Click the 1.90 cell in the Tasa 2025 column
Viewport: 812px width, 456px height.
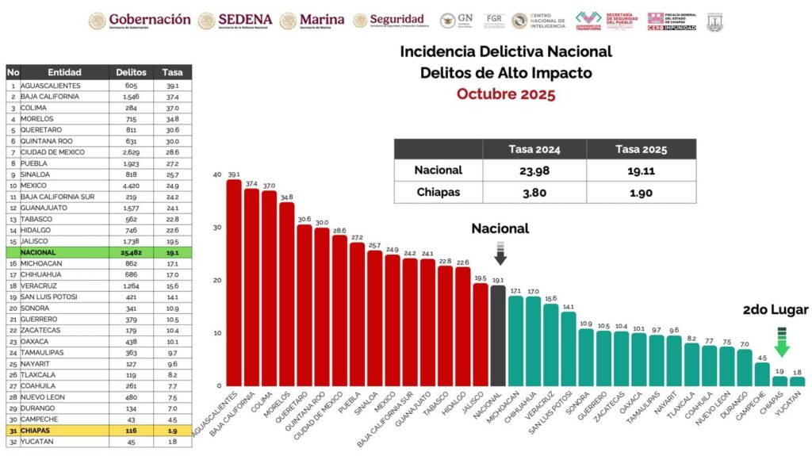(x=642, y=192)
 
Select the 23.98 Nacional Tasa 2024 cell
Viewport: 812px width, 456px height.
(x=534, y=171)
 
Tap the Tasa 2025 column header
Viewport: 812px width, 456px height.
(x=642, y=149)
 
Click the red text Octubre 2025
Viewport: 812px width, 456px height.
(x=506, y=94)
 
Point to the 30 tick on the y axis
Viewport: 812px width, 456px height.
(x=216, y=228)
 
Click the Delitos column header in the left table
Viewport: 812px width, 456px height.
(x=131, y=72)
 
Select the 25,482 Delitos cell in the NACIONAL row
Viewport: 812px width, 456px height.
(x=131, y=252)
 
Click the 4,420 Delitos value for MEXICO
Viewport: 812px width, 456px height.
(x=131, y=185)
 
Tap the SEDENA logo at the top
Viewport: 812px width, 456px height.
(x=236, y=20)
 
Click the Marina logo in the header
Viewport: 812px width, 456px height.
(x=312, y=20)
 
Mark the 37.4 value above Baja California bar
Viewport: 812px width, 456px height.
(x=251, y=183)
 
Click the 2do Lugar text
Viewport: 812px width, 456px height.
(x=776, y=309)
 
